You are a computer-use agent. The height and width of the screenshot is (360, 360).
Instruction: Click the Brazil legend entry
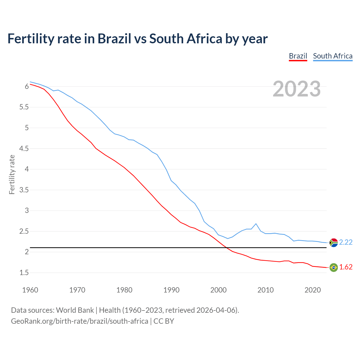298,56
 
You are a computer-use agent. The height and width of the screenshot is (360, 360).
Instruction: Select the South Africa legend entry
333,56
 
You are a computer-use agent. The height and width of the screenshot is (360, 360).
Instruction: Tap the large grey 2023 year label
297,89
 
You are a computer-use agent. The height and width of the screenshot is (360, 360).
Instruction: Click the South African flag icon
334,242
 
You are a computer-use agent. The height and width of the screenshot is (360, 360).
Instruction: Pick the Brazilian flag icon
334,267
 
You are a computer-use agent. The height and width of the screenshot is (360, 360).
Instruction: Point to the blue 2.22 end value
346,242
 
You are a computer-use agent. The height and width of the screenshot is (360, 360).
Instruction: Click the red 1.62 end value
346,267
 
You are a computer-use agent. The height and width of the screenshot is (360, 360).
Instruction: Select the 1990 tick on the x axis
171,290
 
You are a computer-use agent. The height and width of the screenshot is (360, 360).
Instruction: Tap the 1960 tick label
30,290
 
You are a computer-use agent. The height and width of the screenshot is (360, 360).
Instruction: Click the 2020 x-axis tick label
312,290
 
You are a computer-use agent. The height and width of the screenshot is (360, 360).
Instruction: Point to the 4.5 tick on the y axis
24,148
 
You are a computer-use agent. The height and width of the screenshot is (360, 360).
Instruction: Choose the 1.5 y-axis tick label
24,273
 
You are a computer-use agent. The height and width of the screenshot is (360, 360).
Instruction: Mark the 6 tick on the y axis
27,86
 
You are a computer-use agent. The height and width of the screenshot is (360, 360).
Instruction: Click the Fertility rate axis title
12,174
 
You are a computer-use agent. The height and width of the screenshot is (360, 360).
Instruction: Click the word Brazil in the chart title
114,39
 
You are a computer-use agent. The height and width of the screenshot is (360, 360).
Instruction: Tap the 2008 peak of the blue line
256,224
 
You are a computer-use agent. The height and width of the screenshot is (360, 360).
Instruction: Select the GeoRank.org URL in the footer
79,321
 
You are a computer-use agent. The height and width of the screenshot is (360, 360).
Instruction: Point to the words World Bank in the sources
75,310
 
